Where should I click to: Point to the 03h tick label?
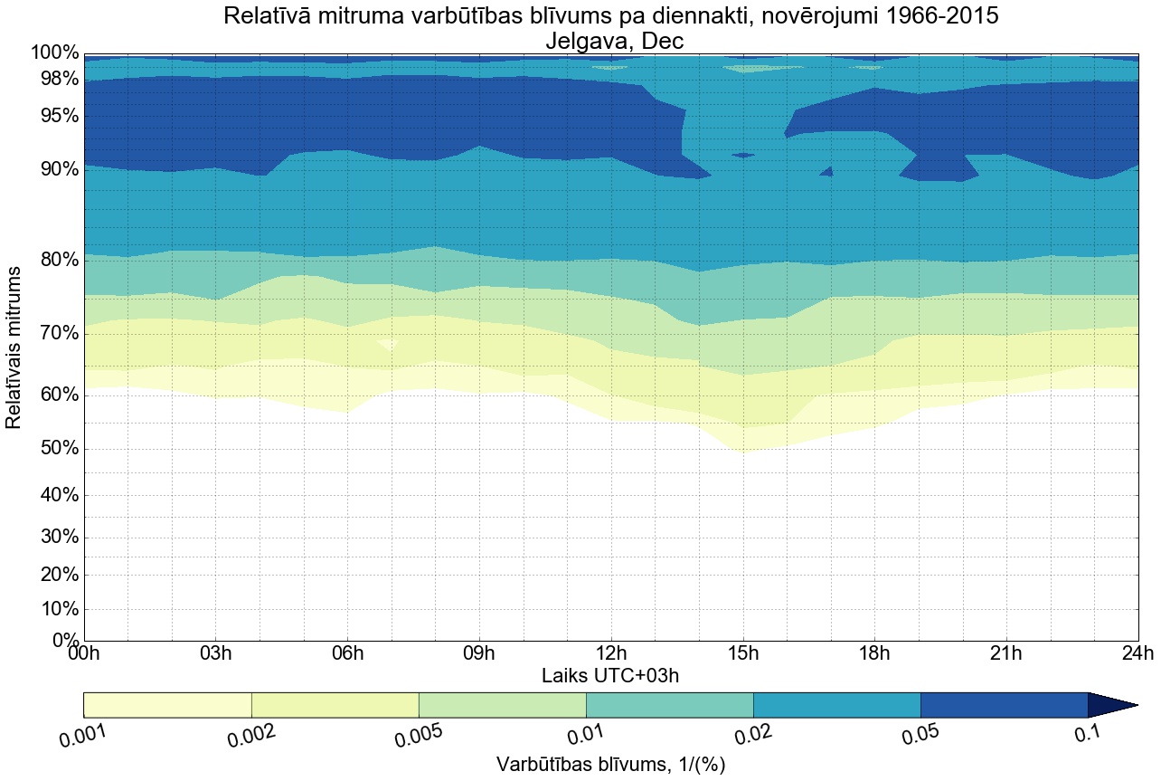[215, 654]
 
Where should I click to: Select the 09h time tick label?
[479, 654]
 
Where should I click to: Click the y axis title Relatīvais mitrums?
[15, 348]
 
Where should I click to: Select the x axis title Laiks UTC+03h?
[610, 675]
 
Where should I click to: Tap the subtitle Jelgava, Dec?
[610, 41]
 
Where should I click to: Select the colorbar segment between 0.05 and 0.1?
[1004, 705]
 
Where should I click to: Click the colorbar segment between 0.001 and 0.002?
[167, 705]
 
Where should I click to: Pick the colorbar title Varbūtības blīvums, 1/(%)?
[610, 765]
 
